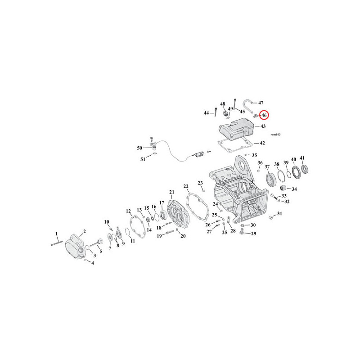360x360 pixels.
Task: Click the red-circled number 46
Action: pos(264,115)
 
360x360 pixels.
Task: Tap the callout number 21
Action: pos(172,192)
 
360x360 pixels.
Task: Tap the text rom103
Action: pos(275,135)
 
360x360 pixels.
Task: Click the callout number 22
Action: pos(186,186)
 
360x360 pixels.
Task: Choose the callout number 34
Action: pos(294,189)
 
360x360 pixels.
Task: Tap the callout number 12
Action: pos(128,211)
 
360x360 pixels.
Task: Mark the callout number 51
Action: pos(143,159)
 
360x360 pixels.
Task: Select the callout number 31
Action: pos(279,213)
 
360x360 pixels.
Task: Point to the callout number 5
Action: pos(101,252)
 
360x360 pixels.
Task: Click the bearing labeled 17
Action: pos(164,215)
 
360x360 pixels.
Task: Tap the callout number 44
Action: pos(207,113)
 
